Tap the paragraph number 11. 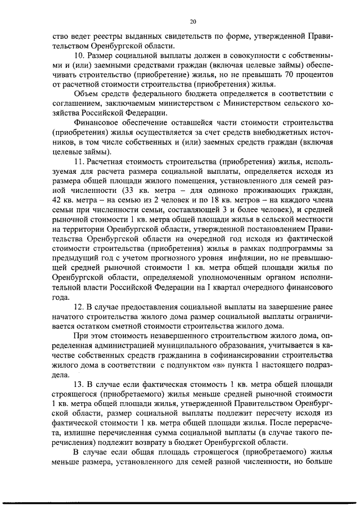click(x=79, y=162)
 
